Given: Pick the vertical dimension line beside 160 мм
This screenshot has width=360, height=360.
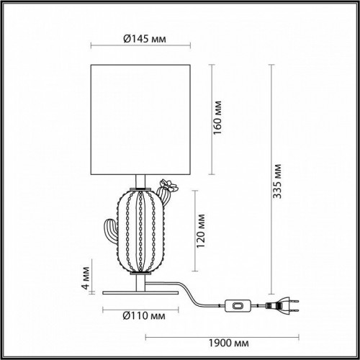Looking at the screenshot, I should pyautogui.click(x=212, y=119).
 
